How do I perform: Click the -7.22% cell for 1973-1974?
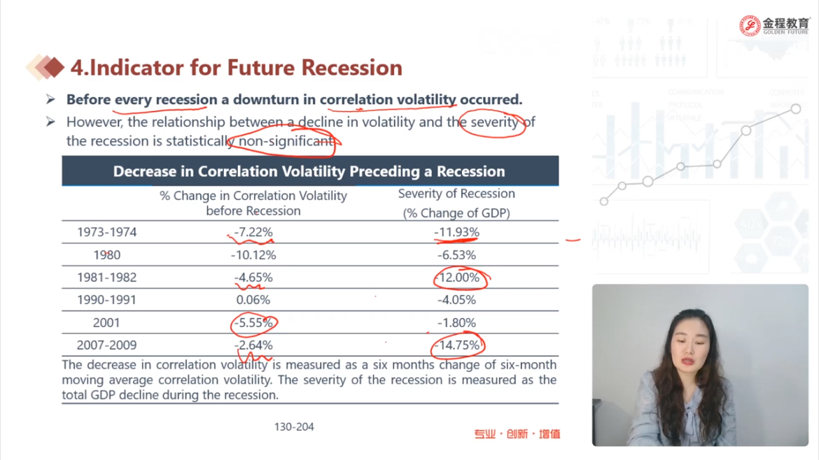[253, 232]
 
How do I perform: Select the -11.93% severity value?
[456, 232]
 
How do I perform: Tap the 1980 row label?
[106, 255]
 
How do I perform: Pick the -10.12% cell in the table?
[253, 255]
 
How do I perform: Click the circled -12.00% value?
[459, 278]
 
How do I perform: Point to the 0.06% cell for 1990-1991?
[253, 300]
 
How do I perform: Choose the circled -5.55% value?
[253, 323]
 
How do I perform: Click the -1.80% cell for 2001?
[456, 323]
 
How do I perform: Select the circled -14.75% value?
[457, 345]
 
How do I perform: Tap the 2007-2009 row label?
[106, 345]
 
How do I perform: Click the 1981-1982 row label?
[106, 278]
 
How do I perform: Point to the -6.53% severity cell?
[456, 255]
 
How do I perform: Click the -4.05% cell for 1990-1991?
[456, 300]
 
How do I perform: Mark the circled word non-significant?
[284, 141]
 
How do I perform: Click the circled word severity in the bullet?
[494, 122]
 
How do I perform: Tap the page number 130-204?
[294, 426]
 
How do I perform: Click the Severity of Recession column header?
[456, 194]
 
